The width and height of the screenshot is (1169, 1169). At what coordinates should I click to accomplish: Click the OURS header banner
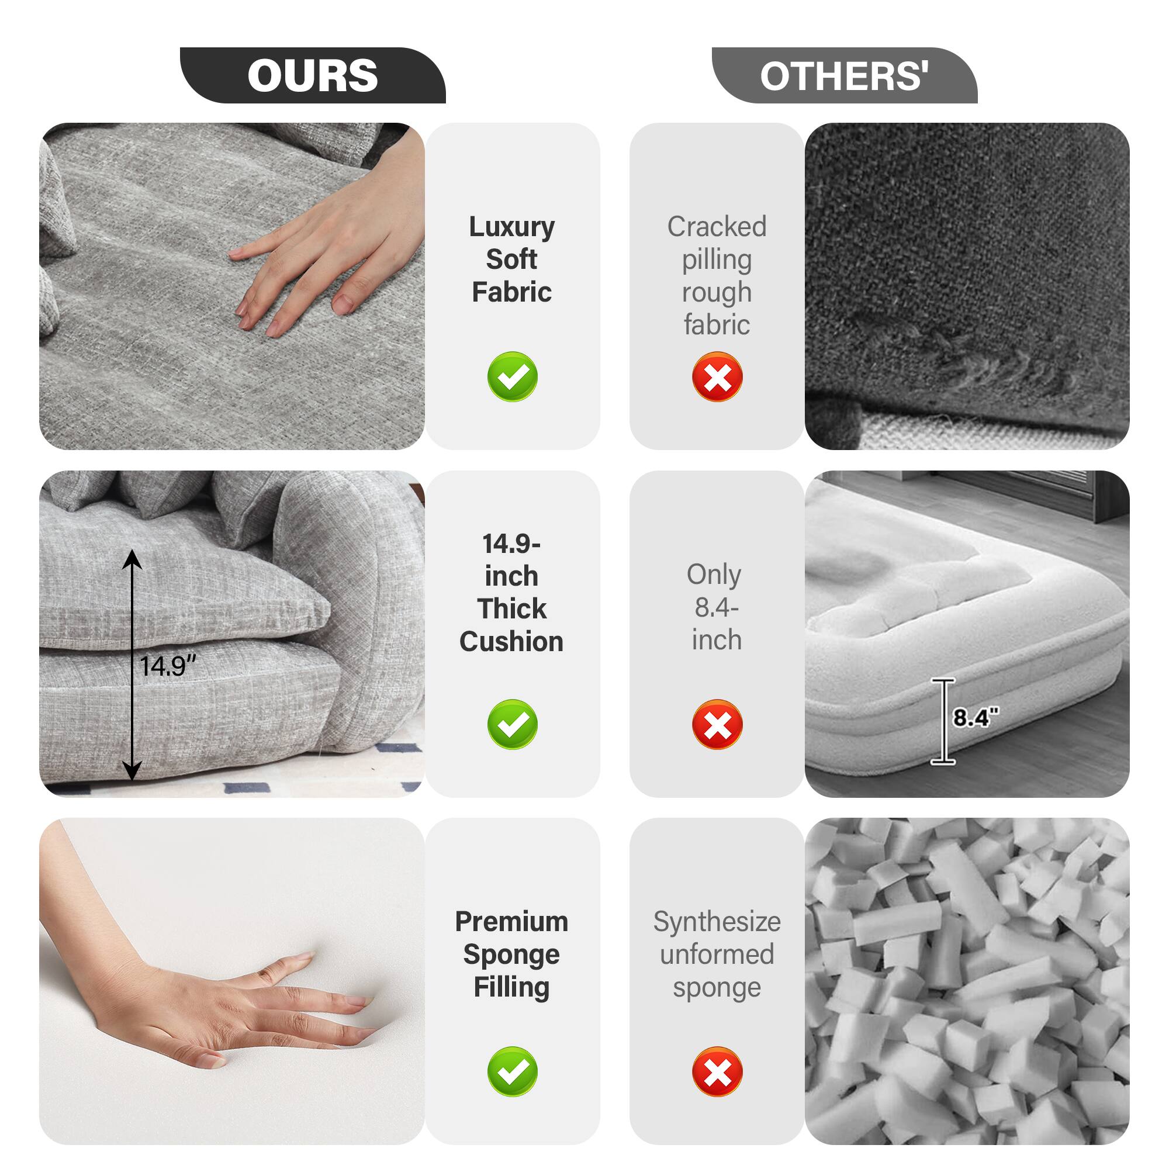(312, 75)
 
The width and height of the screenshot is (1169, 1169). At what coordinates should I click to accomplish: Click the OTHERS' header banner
(844, 75)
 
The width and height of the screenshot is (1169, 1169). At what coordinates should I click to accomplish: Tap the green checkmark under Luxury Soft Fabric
(512, 376)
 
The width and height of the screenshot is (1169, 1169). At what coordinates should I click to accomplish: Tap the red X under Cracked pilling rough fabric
(717, 376)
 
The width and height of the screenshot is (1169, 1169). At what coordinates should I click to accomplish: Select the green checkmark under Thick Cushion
(512, 724)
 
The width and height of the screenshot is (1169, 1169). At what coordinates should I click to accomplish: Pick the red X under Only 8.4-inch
(717, 724)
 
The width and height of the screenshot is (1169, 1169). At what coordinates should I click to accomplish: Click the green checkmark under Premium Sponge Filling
(512, 1071)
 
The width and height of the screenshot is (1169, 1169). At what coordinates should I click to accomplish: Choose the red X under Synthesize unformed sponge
(717, 1071)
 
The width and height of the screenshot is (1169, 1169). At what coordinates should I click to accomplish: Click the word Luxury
(511, 227)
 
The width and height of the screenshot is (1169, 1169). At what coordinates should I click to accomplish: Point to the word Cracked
(717, 227)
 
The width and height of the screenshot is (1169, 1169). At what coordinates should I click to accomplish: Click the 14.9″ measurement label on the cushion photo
(168, 666)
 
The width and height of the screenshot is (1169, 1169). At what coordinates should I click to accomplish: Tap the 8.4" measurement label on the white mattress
(976, 718)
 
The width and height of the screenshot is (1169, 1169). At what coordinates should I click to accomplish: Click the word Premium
(511, 922)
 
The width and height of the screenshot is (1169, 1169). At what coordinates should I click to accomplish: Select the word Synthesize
(717, 922)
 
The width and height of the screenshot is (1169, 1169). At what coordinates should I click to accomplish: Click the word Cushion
(511, 641)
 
